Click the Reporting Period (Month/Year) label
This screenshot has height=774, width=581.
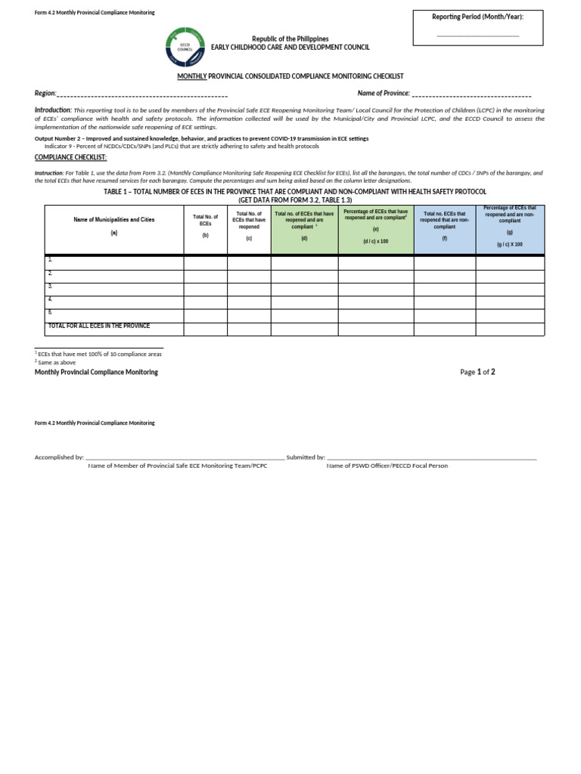point(477,17)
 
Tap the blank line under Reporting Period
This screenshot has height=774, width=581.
point(477,35)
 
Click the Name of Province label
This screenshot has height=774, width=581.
point(384,93)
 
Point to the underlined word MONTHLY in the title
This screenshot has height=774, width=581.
point(191,76)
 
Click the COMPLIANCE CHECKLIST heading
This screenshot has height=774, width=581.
point(70,157)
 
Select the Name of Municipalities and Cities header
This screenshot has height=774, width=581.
point(113,219)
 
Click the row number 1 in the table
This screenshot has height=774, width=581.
point(50,259)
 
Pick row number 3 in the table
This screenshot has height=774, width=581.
point(50,286)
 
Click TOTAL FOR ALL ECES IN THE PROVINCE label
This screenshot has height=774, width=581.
point(98,326)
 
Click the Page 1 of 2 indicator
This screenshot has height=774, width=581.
point(477,372)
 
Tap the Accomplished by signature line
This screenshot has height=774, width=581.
point(185,457)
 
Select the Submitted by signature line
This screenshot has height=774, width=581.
point(431,457)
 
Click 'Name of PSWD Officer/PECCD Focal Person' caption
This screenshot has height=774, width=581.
point(387,466)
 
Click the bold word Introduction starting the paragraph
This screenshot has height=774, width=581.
point(52,110)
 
